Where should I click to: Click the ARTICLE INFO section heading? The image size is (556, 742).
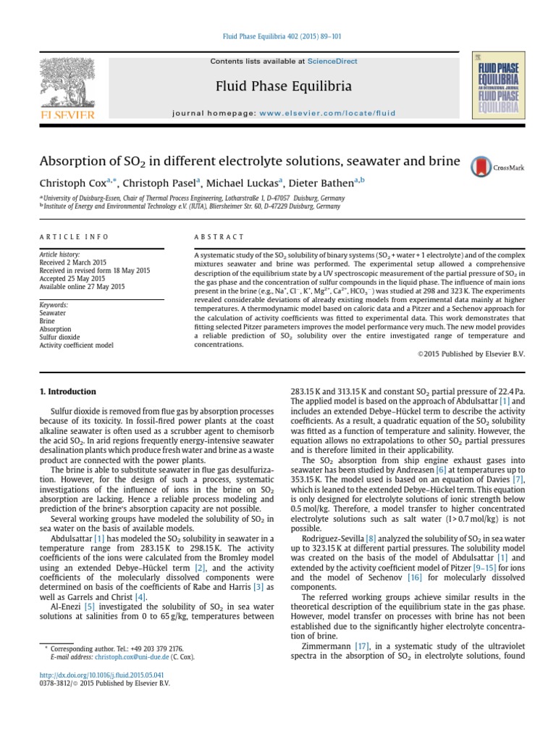pos(74,237)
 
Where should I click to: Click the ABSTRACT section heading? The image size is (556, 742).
pos(219,237)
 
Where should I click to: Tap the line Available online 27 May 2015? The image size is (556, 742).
pos(82,286)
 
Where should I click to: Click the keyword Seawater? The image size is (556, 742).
pos(52,313)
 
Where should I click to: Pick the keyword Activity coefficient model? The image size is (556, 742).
pos(76,346)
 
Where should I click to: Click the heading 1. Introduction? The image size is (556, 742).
pos(67,391)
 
